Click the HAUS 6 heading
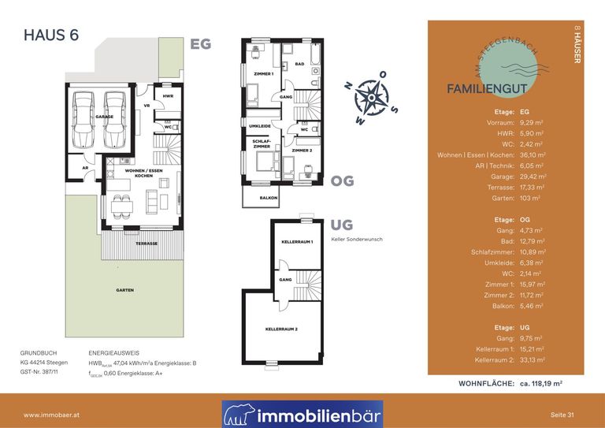coord(51,35)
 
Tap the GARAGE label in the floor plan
coord(105,117)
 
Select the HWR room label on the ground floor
coord(168,96)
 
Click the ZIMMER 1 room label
coord(263,73)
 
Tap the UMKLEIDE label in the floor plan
coord(260,126)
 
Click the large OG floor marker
coord(343,181)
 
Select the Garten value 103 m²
coord(529,199)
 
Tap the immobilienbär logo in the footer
coord(302,414)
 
